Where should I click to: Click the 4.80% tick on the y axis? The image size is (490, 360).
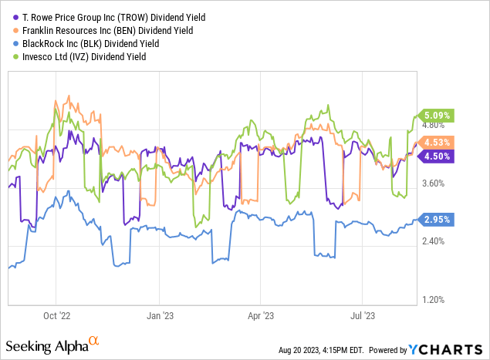[436, 125]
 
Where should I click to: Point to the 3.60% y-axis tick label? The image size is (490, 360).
[436, 183]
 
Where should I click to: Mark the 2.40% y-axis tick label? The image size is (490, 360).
[436, 241]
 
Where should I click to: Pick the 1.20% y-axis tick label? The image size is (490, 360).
[436, 300]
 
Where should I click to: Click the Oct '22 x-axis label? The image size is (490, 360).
[56, 315]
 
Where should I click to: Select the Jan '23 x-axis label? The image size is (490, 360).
[159, 315]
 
